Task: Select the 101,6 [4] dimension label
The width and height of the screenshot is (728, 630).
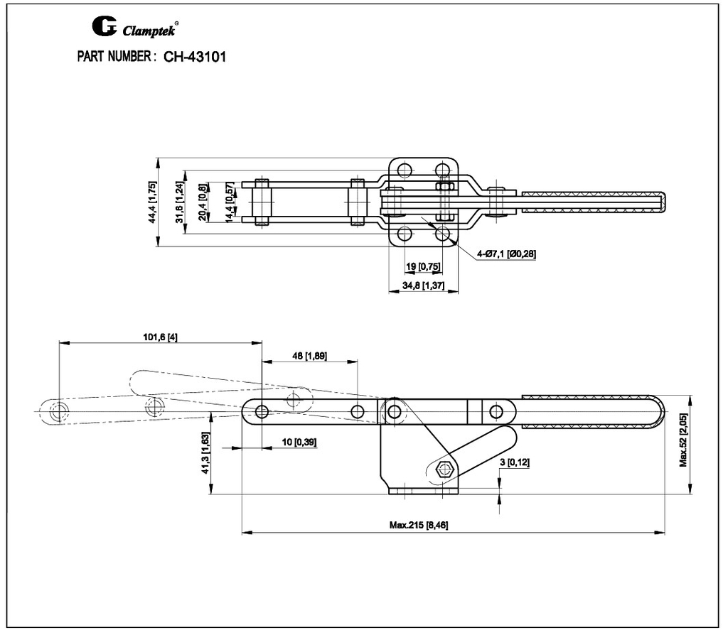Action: (x=160, y=337)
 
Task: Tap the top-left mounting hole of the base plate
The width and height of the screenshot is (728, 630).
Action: (x=405, y=170)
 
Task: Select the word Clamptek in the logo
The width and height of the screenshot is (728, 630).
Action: (x=148, y=31)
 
